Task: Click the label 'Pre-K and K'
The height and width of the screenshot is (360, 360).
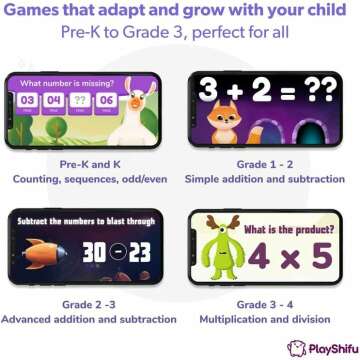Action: pos(90,163)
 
